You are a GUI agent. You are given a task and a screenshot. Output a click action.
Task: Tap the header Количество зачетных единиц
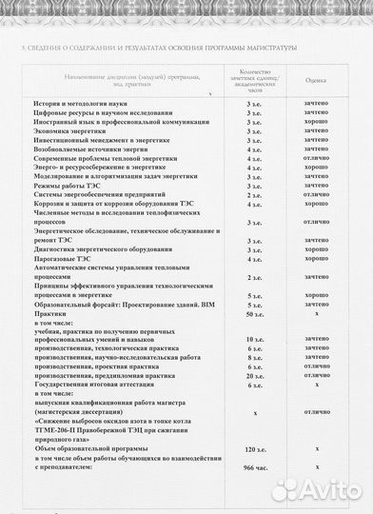click(x=254, y=81)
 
